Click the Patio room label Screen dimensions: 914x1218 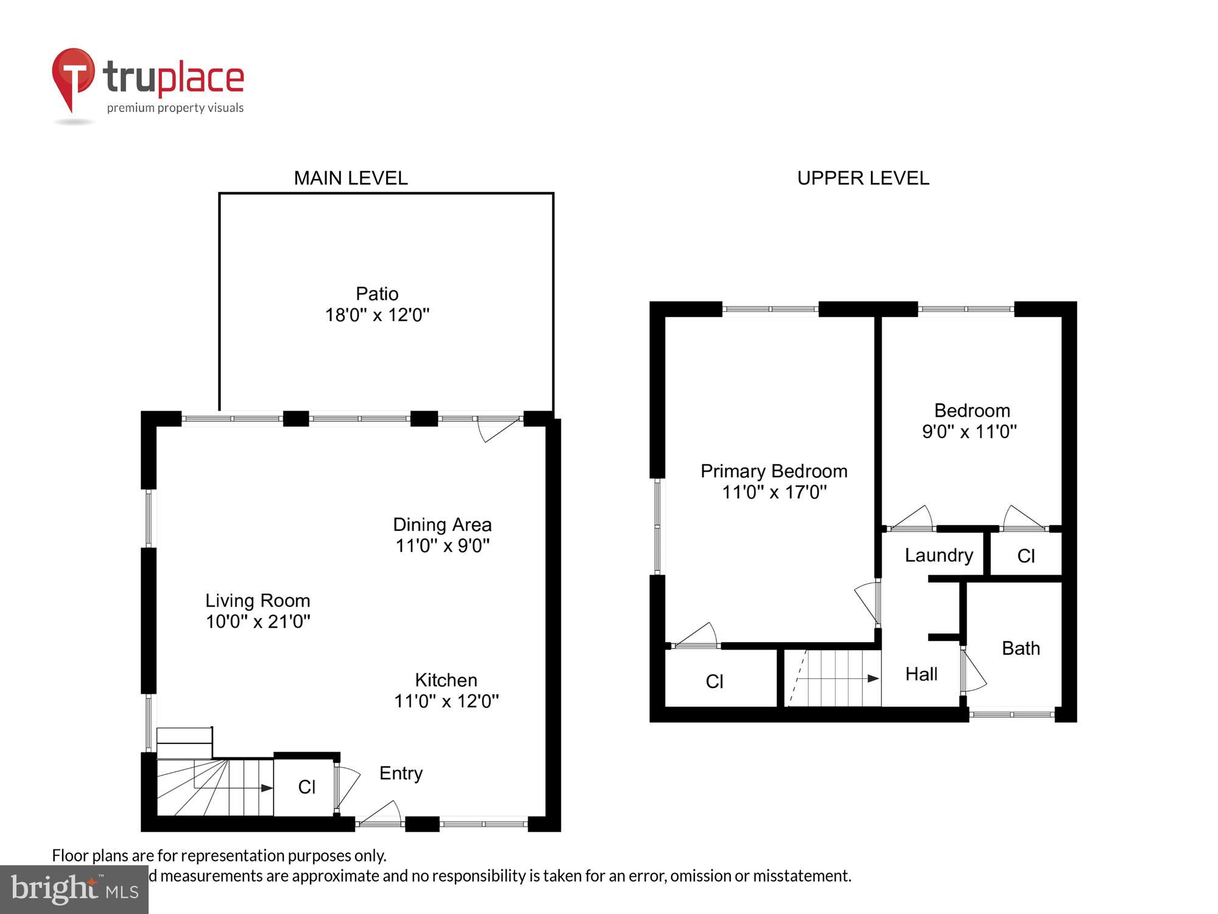pyautogui.click(x=377, y=294)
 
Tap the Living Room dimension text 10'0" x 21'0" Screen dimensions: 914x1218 pyautogui.click(x=258, y=622)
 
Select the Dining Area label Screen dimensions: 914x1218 pyautogui.click(x=442, y=525)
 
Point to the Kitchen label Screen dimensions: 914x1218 pyautogui.click(x=446, y=680)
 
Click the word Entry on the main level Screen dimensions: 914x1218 pyautogui.click(x=401, y=773)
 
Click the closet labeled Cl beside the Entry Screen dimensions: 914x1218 pyautogui.click(x=306, y=787)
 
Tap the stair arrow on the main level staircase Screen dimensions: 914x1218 pyautogui.click(x=266, y=788)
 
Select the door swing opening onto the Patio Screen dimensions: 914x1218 pyautogui.click(x=498, y=428)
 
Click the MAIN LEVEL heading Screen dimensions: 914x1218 pyautogui.click(x=351, y=178)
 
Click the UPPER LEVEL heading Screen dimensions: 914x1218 pyautogui.click(x=863, y=178)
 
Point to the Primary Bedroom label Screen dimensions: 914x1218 pyautogui.click(x=773, y=471)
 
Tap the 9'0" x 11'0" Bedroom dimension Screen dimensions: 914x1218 pyautogui.click(x=969, y=431)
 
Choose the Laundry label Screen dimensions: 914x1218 pyautogui.click(x=938, y=555)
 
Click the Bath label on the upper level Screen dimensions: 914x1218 pyautogui.click(x=1021, y=648)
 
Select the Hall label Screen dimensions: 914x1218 pyautogui.click(x=921, y=674)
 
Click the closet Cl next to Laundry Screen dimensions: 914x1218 pyautogui.click(x=1026, y=556)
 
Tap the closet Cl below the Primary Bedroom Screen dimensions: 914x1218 pyautogui.click(x=714, y=681)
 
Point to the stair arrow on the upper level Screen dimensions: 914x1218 pyautogui.click(x=872, y=678)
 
